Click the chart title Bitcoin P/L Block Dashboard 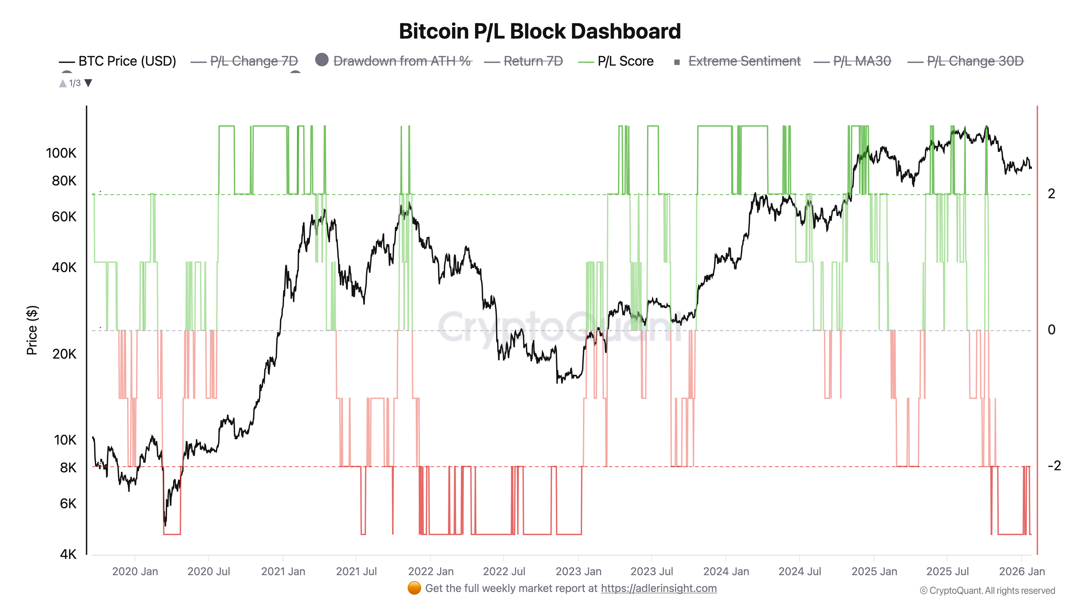click(540, 31)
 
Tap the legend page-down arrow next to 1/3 click(88, 83)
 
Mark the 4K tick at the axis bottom click(68, 554)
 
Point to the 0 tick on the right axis click(1051, 330)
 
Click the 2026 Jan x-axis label click(1021, 572)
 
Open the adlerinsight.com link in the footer click(659, 588)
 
